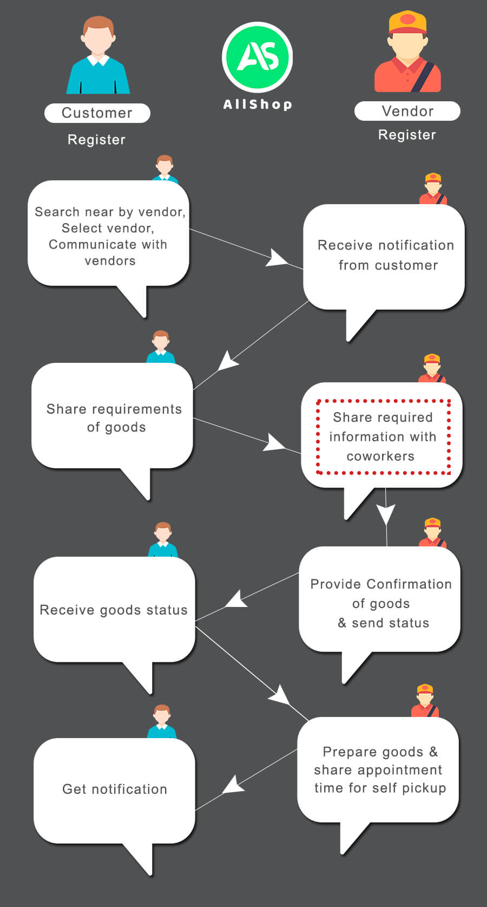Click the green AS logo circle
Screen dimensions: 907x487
(257, 57)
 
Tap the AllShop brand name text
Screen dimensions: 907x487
(258, 105)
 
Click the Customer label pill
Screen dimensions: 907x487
(97, 113)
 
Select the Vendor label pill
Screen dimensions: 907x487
(407, 111)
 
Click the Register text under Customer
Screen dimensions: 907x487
(96, 140)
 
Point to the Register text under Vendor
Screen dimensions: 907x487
(407, 135)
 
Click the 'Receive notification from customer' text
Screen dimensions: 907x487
(386, 255)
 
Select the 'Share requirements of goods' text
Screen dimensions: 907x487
(114, 418)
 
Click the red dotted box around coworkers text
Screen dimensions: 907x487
(383, 436)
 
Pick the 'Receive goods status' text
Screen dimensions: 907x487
(114, 610)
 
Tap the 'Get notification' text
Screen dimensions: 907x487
(115, 789)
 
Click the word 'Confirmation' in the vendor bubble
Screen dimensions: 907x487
(409, 584)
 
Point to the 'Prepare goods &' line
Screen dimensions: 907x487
(380, 752)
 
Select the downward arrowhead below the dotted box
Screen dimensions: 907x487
(386, 514)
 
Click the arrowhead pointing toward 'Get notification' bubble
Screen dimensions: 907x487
(233, 785)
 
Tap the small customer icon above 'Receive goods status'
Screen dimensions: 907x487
(163, 540)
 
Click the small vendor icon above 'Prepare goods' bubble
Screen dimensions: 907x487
(425, 701)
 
